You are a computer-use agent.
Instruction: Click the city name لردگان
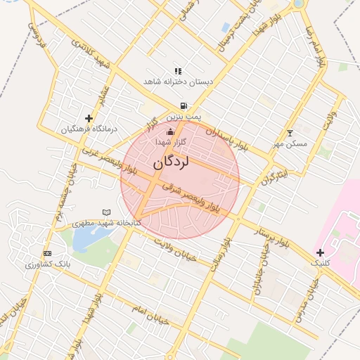tap(171, 162)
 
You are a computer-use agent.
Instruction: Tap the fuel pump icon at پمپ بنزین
tap(184, 105)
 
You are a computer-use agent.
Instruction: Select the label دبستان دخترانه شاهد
tap(178, 82)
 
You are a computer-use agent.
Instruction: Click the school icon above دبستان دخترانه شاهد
tap(178, 71)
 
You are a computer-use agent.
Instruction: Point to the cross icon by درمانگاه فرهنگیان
tap(89, 118)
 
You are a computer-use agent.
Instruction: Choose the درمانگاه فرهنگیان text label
tap(89, 129)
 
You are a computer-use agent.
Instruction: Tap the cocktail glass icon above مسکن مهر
tap(290, 133)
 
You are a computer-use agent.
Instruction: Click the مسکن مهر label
tap(290, 143)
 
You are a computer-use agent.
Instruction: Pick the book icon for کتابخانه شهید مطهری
tap(107, 212)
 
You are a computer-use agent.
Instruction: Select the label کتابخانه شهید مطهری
tap(107, 222)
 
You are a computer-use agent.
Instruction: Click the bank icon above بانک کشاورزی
tap(47, 253)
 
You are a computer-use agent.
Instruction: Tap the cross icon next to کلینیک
tap(320, 252)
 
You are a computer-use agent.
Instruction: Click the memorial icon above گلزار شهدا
tap(169, 131)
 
